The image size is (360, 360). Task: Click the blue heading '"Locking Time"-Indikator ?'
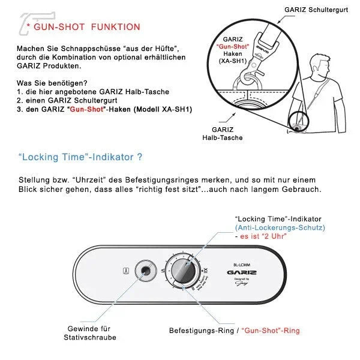click(80, 158)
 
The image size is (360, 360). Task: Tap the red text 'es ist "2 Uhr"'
click(262, 236)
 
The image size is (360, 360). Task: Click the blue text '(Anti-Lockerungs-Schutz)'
click(280, 228)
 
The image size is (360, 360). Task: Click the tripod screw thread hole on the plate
click(145, 271)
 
